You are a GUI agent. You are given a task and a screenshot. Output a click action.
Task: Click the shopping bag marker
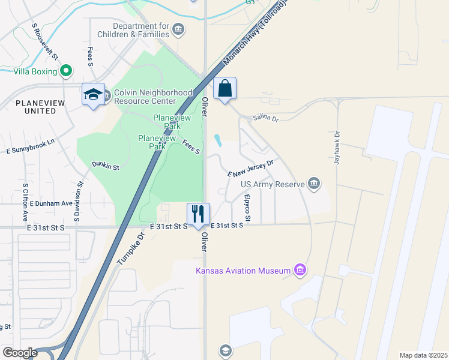[x=224, y=89]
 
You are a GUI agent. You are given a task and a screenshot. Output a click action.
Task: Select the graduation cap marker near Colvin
[x=93, y=95]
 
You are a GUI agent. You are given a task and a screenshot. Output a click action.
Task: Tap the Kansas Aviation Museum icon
[x=300, y=271]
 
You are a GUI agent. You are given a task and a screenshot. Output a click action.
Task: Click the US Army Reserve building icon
[x=314, y=184]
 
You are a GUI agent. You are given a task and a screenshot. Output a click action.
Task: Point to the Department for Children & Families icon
[x=178, y=29]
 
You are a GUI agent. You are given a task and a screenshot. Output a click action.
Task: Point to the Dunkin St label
[x=106, y=164]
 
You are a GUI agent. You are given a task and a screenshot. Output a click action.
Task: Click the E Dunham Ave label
[x=50, y=203]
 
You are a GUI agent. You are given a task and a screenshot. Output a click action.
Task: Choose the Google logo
[x=20, y=353]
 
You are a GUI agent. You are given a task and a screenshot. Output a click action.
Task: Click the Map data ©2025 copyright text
[x=423, y=355]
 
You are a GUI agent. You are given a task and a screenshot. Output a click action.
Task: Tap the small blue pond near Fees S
[x=217, y=140]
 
